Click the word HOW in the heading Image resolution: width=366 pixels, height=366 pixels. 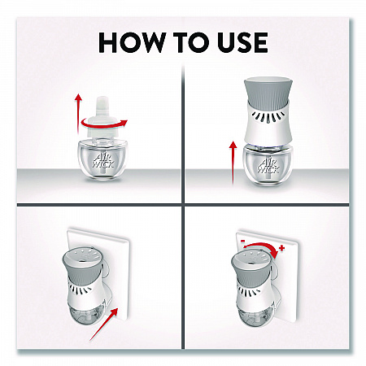click(132, 42)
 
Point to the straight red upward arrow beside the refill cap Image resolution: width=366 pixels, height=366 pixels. click(78, 113)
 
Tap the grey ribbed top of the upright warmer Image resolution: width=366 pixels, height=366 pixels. click(268, 92)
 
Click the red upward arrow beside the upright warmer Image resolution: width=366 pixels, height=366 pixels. click(233, 163)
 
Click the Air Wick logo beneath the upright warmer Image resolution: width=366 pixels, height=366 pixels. click(268, 165)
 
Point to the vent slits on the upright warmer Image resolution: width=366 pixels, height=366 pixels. click(268, 117)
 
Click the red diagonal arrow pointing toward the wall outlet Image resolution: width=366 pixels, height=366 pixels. click(103, 325)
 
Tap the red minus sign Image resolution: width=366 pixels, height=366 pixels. click(242, 241)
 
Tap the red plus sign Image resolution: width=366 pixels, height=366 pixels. click(282, 247)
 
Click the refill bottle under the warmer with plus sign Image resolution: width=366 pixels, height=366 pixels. click(255, 314)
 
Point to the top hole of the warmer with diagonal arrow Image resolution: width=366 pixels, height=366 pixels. click(82, 257)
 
